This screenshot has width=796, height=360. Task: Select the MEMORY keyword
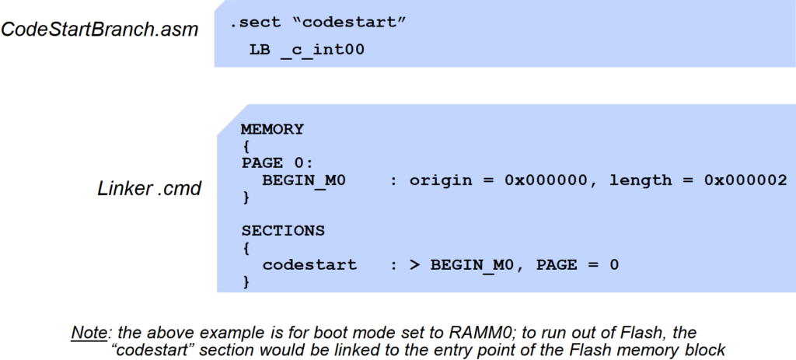coord(272,129)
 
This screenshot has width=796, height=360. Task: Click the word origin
coord(442,180)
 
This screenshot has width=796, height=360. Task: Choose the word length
coord(641,180)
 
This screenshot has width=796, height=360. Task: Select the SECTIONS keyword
coord(283,231)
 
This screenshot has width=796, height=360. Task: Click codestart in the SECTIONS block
coord(309,265)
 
